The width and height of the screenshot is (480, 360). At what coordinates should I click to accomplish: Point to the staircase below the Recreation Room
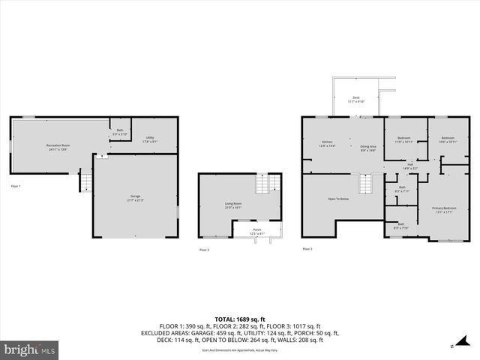point(86,181)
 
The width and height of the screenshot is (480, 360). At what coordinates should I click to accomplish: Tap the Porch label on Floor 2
point(256,231)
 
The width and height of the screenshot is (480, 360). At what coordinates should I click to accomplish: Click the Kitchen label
point(327,142)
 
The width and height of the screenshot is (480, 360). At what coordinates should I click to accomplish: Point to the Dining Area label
point(367,147)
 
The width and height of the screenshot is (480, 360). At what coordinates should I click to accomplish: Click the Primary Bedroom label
point(443,208)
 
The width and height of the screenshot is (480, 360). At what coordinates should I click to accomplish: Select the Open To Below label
point(337,199)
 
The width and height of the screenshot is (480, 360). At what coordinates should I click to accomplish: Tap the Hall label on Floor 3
point(410,165)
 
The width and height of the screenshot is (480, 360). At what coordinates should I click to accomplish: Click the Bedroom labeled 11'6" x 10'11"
point(403,139)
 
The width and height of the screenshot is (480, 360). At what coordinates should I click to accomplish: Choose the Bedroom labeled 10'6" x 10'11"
point(448,139)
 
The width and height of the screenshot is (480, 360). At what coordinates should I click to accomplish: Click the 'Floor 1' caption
point(16,185)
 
